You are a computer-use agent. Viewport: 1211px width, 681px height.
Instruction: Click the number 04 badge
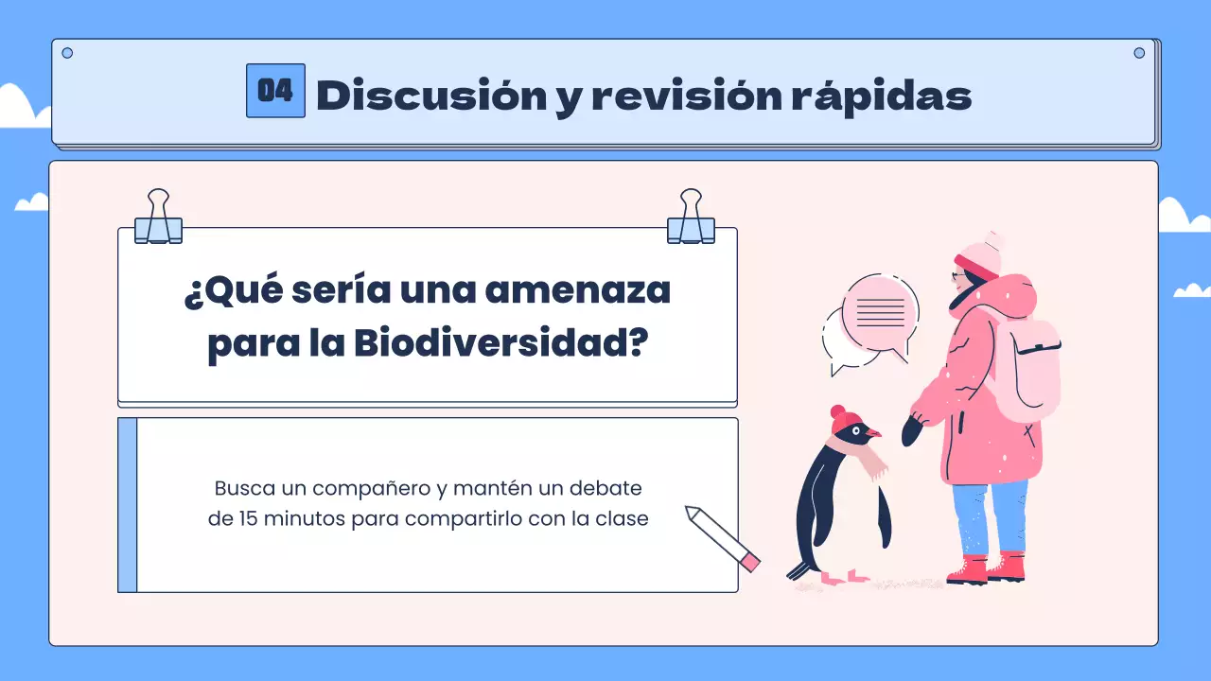coord(275,91)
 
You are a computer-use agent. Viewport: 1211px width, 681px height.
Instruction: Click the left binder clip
coord(158,218)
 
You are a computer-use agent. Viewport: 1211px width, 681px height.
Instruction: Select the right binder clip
coord(691,218)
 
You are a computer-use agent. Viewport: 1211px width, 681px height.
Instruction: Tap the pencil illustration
coord(723,538)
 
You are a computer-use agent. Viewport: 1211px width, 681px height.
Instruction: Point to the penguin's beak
coord(872,432)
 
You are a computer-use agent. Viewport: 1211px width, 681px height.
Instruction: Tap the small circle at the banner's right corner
coord(1139,53)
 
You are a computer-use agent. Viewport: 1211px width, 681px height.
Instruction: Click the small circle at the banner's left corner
coord(67,53)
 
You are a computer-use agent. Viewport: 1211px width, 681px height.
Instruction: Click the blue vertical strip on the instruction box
coord(128,505)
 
